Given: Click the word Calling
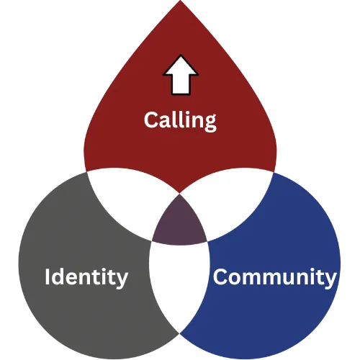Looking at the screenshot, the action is pyautogui.click(x=180, y=121).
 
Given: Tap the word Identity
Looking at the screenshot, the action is pyautogui.click(x=86, y=278).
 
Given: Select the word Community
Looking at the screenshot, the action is pyautogui.click(x=274, y=278).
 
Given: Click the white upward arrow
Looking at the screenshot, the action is pyautogui.click(x=181, y=75).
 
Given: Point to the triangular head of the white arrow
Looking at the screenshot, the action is pyautogui.click(x=181, y=66).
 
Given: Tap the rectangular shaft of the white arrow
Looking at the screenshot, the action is pyautogui.click(x=181, y=85).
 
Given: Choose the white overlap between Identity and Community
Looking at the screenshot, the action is pyautogui.click(x=179, y=283).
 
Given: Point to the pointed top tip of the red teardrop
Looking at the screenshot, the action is pyautogui.click(x=180, y=1).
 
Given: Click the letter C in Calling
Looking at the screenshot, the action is pyautogui.click(x=151, y=120).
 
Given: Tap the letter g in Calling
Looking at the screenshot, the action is pyautogui.click(x=210, y=123).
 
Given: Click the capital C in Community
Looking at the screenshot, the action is pyautogui.click(x=220, y=276).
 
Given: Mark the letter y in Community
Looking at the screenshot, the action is pyautogui.click(x=329, y=280).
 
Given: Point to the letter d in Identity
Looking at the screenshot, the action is pyautogui.click(x=58, y=276).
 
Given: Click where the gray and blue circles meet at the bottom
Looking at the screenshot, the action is pyautogui.click(x=180, y=333).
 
